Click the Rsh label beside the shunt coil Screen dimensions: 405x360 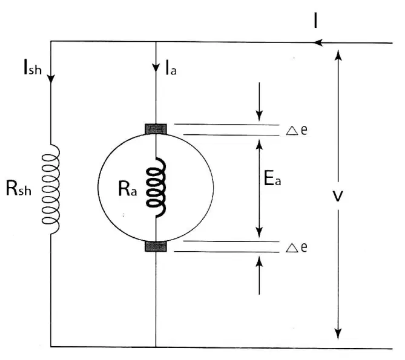coord(19,188)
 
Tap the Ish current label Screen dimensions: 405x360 coord(33,67)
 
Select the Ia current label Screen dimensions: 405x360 coord(171,68)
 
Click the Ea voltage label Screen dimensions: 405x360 coord(272,178)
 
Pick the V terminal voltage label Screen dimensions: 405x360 coord(338,196)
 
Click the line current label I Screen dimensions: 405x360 coord(315,20)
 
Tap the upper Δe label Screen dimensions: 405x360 coord(297,130)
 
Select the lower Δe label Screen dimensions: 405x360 coord(297,247)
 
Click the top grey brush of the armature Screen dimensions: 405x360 coord(156,129)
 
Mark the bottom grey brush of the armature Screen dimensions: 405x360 coord(156,246)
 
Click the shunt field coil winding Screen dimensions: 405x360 coord(51,189)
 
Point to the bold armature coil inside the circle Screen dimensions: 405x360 coord(156,188)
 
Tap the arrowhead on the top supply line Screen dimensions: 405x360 coord(318,42)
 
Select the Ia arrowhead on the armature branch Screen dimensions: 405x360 coord(156,68)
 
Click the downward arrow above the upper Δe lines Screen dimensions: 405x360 coord(259,102)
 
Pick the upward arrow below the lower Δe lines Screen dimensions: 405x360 coord(259,275)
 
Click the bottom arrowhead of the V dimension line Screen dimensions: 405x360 coord(338,334)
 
